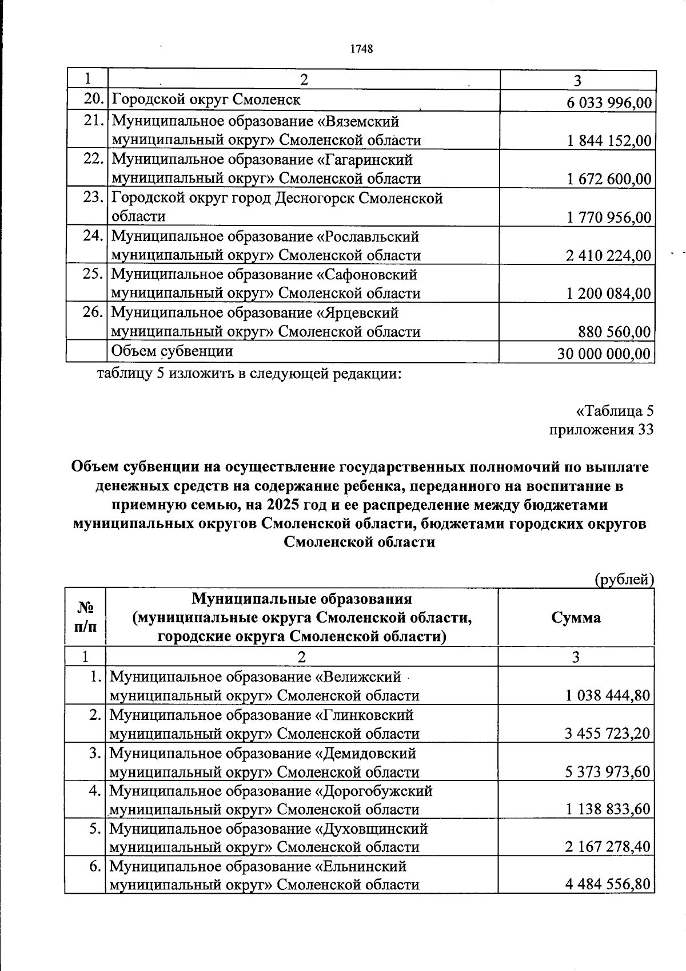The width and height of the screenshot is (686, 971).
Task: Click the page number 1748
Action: pyautogui.click(x=361, y=49)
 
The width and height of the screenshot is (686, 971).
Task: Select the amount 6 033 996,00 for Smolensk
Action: pyautogui.click(x=609, y=103)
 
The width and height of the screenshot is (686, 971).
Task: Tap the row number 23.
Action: pyautogui.click(x=93, y=198)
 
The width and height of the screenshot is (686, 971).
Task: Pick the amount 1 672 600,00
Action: pyautogui.click(x=609, y=180)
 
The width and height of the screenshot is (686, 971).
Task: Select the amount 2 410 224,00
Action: pyautogui.click(x=609, y=256)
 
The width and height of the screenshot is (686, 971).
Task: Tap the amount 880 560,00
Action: pyautogui.click(x=615, y=332)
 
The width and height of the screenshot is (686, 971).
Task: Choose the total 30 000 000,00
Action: pyautogui.click(x=604, y=354)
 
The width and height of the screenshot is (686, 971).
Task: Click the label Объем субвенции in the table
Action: pyautogui.click(x=172, y=351)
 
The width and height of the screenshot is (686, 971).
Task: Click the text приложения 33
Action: pyautogui.click(x=601, y=430)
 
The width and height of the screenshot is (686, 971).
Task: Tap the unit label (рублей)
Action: pyautogui.click(x=624, y=580)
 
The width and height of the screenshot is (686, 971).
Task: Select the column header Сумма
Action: pyautogui.click(x=576, y=618)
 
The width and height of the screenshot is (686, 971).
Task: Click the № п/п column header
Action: pyautogui.click(x=85, y=617)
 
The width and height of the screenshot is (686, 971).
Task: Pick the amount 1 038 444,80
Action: pyautogui.click(x=608, y=696)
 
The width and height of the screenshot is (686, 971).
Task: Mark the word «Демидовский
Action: pyautogui.click(x=366, y=753)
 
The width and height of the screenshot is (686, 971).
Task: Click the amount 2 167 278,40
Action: pyautogui.click(x=608, y=847)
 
